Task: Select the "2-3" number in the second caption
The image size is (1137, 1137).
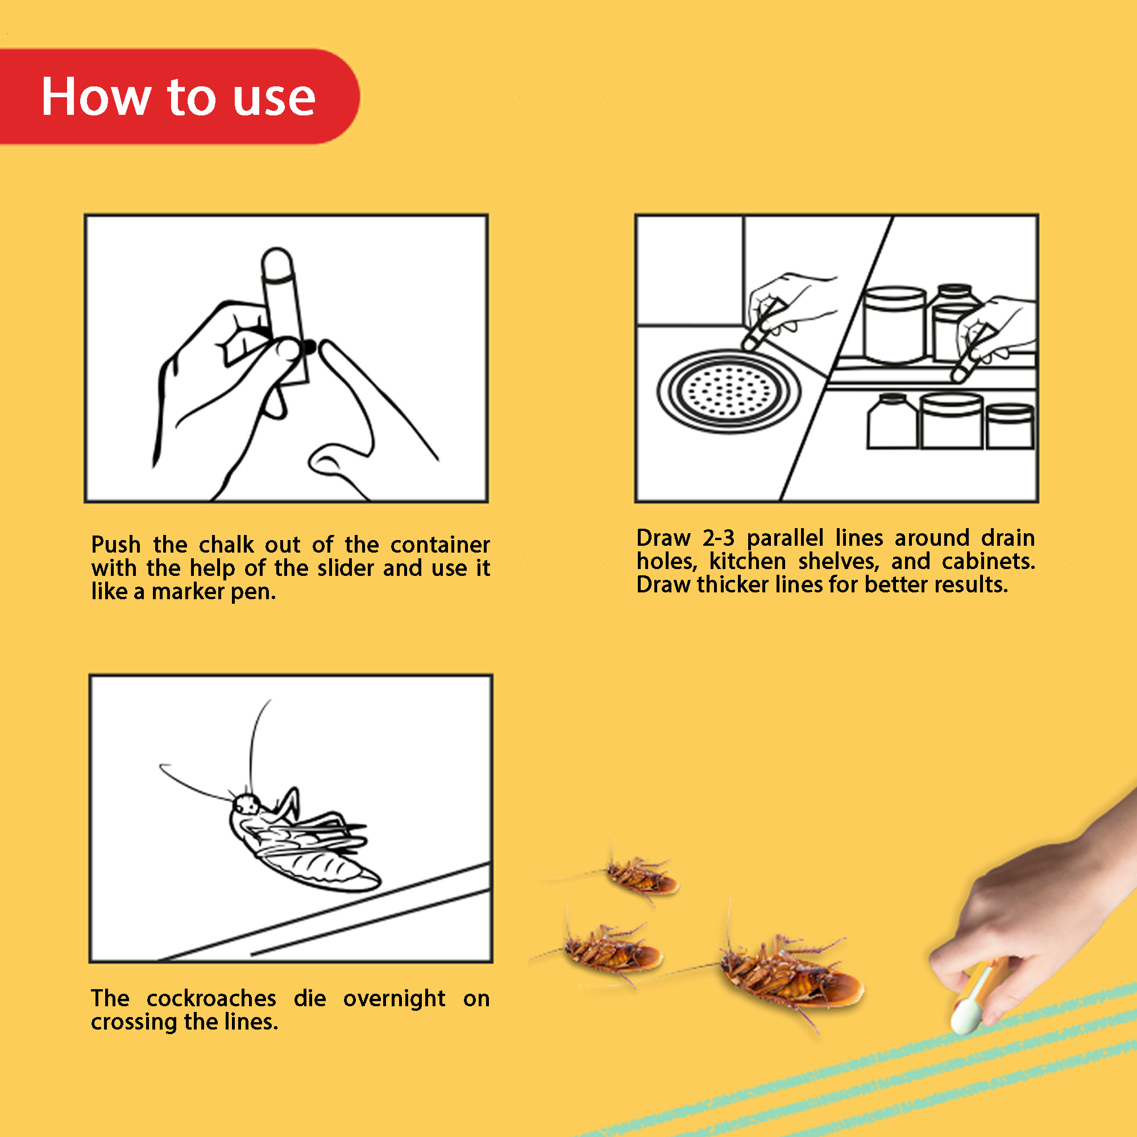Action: coord(719,538)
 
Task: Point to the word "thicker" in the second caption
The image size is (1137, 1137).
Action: coord(732,584)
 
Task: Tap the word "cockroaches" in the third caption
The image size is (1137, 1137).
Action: coord(211,999)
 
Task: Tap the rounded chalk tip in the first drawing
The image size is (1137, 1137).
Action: coord(277,263)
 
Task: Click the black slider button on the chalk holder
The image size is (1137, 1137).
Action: coord(308,348)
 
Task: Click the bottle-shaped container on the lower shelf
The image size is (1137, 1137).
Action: coord(892,421)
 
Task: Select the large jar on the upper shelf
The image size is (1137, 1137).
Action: coord(894,325)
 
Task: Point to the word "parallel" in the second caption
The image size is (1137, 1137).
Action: coord(785,538)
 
